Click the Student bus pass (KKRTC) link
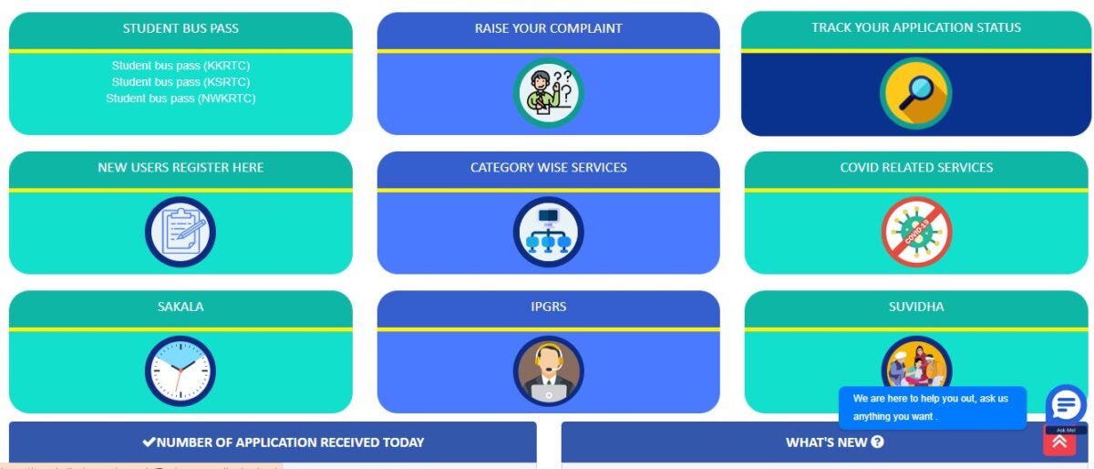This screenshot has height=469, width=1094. [181, 66]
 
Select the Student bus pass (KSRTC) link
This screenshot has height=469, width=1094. [181, 82]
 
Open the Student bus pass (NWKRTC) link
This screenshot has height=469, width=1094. [181, 99]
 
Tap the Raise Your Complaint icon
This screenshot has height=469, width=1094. [548, 93]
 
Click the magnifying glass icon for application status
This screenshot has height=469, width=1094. [915, 93]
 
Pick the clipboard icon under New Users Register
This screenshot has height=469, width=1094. [181, 232]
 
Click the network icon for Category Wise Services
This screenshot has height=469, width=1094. [548, 232]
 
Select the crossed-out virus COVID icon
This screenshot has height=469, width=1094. [916, 232]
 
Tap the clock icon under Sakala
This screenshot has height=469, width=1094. [181, 370]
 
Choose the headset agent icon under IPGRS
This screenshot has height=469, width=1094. [548, 371]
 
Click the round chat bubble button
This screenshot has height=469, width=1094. [1065, 404]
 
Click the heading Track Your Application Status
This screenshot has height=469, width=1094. [916, 27]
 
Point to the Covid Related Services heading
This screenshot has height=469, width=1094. [916, 168]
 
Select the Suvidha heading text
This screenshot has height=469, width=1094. [916, 307]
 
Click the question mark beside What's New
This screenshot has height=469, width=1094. [877, 443]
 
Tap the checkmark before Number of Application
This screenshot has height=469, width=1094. [149, 443]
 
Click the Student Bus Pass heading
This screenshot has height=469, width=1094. [181, 28]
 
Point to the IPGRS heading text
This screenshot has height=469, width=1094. [548, 307]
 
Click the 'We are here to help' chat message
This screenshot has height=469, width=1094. [931, 407]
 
